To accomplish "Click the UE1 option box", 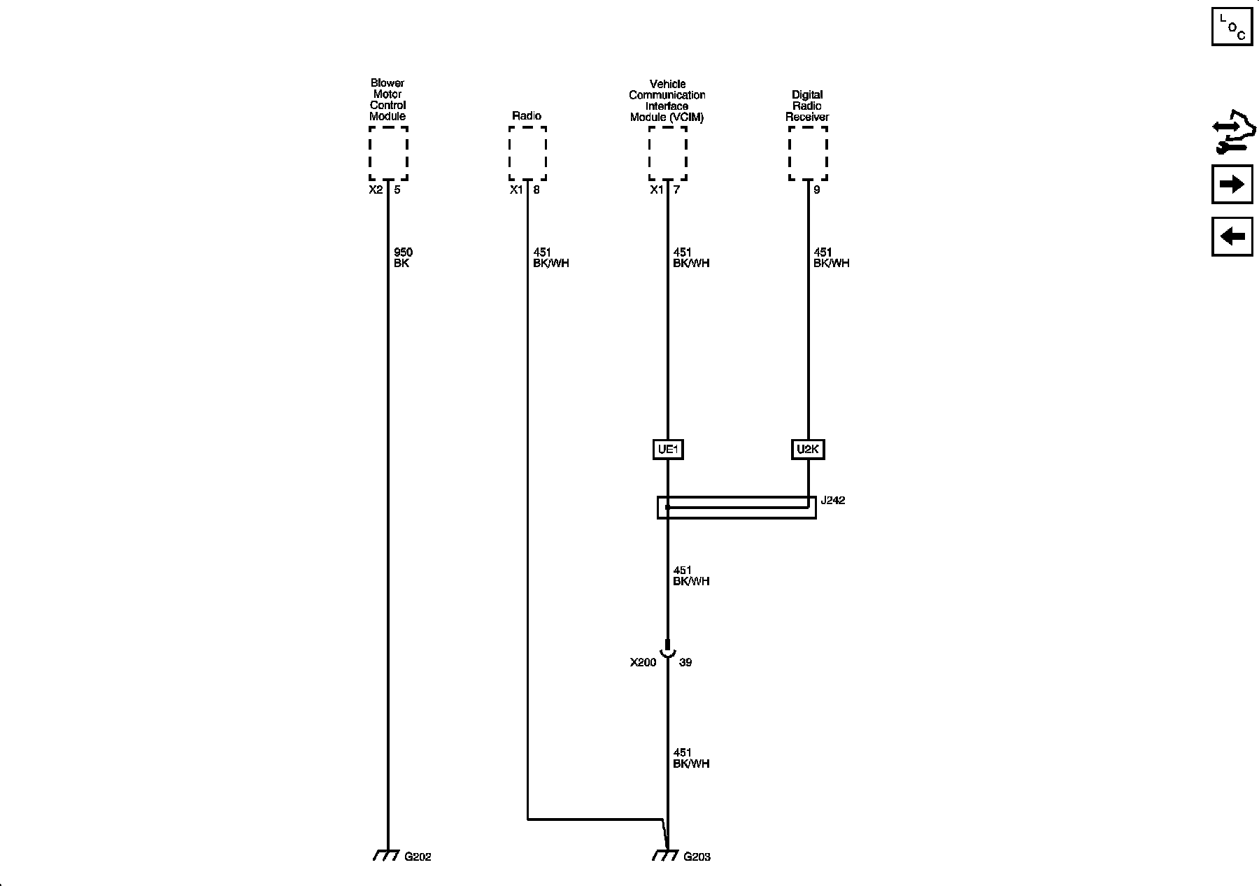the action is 667,450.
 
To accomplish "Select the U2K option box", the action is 808,450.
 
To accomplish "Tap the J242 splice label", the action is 832,501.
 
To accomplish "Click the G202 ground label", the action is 418,857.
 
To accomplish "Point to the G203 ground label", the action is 697,857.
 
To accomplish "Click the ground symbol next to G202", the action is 386,855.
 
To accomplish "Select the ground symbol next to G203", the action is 666,855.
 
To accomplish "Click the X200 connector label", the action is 643,662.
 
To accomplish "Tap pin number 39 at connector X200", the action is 685,662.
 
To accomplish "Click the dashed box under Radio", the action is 527,153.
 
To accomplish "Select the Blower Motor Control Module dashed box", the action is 388,153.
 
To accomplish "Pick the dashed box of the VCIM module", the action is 667,153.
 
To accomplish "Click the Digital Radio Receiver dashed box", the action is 808,153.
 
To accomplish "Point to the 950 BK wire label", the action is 403,258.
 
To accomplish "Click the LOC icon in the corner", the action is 1232,27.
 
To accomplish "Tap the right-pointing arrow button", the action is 1232,184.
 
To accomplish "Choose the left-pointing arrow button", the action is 1232,236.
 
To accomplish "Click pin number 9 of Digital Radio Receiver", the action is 817,189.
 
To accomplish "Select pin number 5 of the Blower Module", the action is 397,189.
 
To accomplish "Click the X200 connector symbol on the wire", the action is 667,650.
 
